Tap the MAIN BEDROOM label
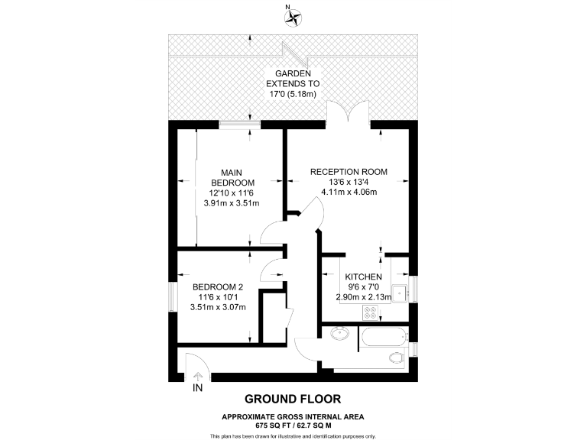click(232, 177)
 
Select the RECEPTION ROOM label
click(349, 172)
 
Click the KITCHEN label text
click(363, 277)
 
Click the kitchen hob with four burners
click(371, 312)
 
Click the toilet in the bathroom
click(396, 357)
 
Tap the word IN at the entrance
click(198, 389)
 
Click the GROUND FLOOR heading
click(293, 399)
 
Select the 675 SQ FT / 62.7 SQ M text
click(293, 425)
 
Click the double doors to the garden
click(348, 112)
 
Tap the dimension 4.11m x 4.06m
click(349, 192)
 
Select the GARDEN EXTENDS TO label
click(293, 78)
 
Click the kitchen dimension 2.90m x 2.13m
click(363, 297)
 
